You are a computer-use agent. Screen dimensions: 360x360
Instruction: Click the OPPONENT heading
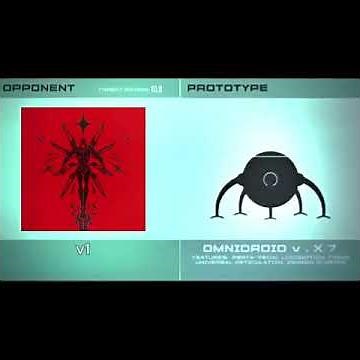(39, 88)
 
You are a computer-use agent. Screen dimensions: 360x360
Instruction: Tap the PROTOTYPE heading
(227, 88)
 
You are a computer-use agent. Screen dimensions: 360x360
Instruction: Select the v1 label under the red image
(83, 249)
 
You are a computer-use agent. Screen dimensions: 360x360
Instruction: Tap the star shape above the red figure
(83, 127)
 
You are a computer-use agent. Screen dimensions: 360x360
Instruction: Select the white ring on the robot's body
(269, 179)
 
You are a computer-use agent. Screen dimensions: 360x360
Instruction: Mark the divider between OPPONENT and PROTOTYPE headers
(181, 88)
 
